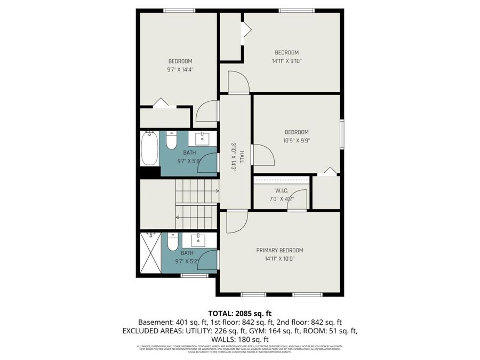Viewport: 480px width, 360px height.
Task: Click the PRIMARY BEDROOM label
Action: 279,250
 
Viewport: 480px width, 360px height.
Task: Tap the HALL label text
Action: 242,156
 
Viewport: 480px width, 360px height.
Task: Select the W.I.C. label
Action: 282,191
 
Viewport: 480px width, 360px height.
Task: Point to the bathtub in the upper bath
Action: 149,149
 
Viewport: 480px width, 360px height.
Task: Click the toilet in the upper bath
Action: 171,141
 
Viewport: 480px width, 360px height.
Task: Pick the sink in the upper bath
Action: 203,139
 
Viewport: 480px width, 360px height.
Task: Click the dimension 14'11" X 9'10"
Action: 286,61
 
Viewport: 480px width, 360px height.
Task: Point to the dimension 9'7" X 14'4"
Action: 180,69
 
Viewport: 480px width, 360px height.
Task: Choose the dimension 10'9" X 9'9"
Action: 296,141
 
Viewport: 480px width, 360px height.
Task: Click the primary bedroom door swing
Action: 236,221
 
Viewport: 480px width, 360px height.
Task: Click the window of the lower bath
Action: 194,275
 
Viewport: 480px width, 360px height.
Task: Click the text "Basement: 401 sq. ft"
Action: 171,322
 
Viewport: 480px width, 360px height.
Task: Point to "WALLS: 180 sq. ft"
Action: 239,339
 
